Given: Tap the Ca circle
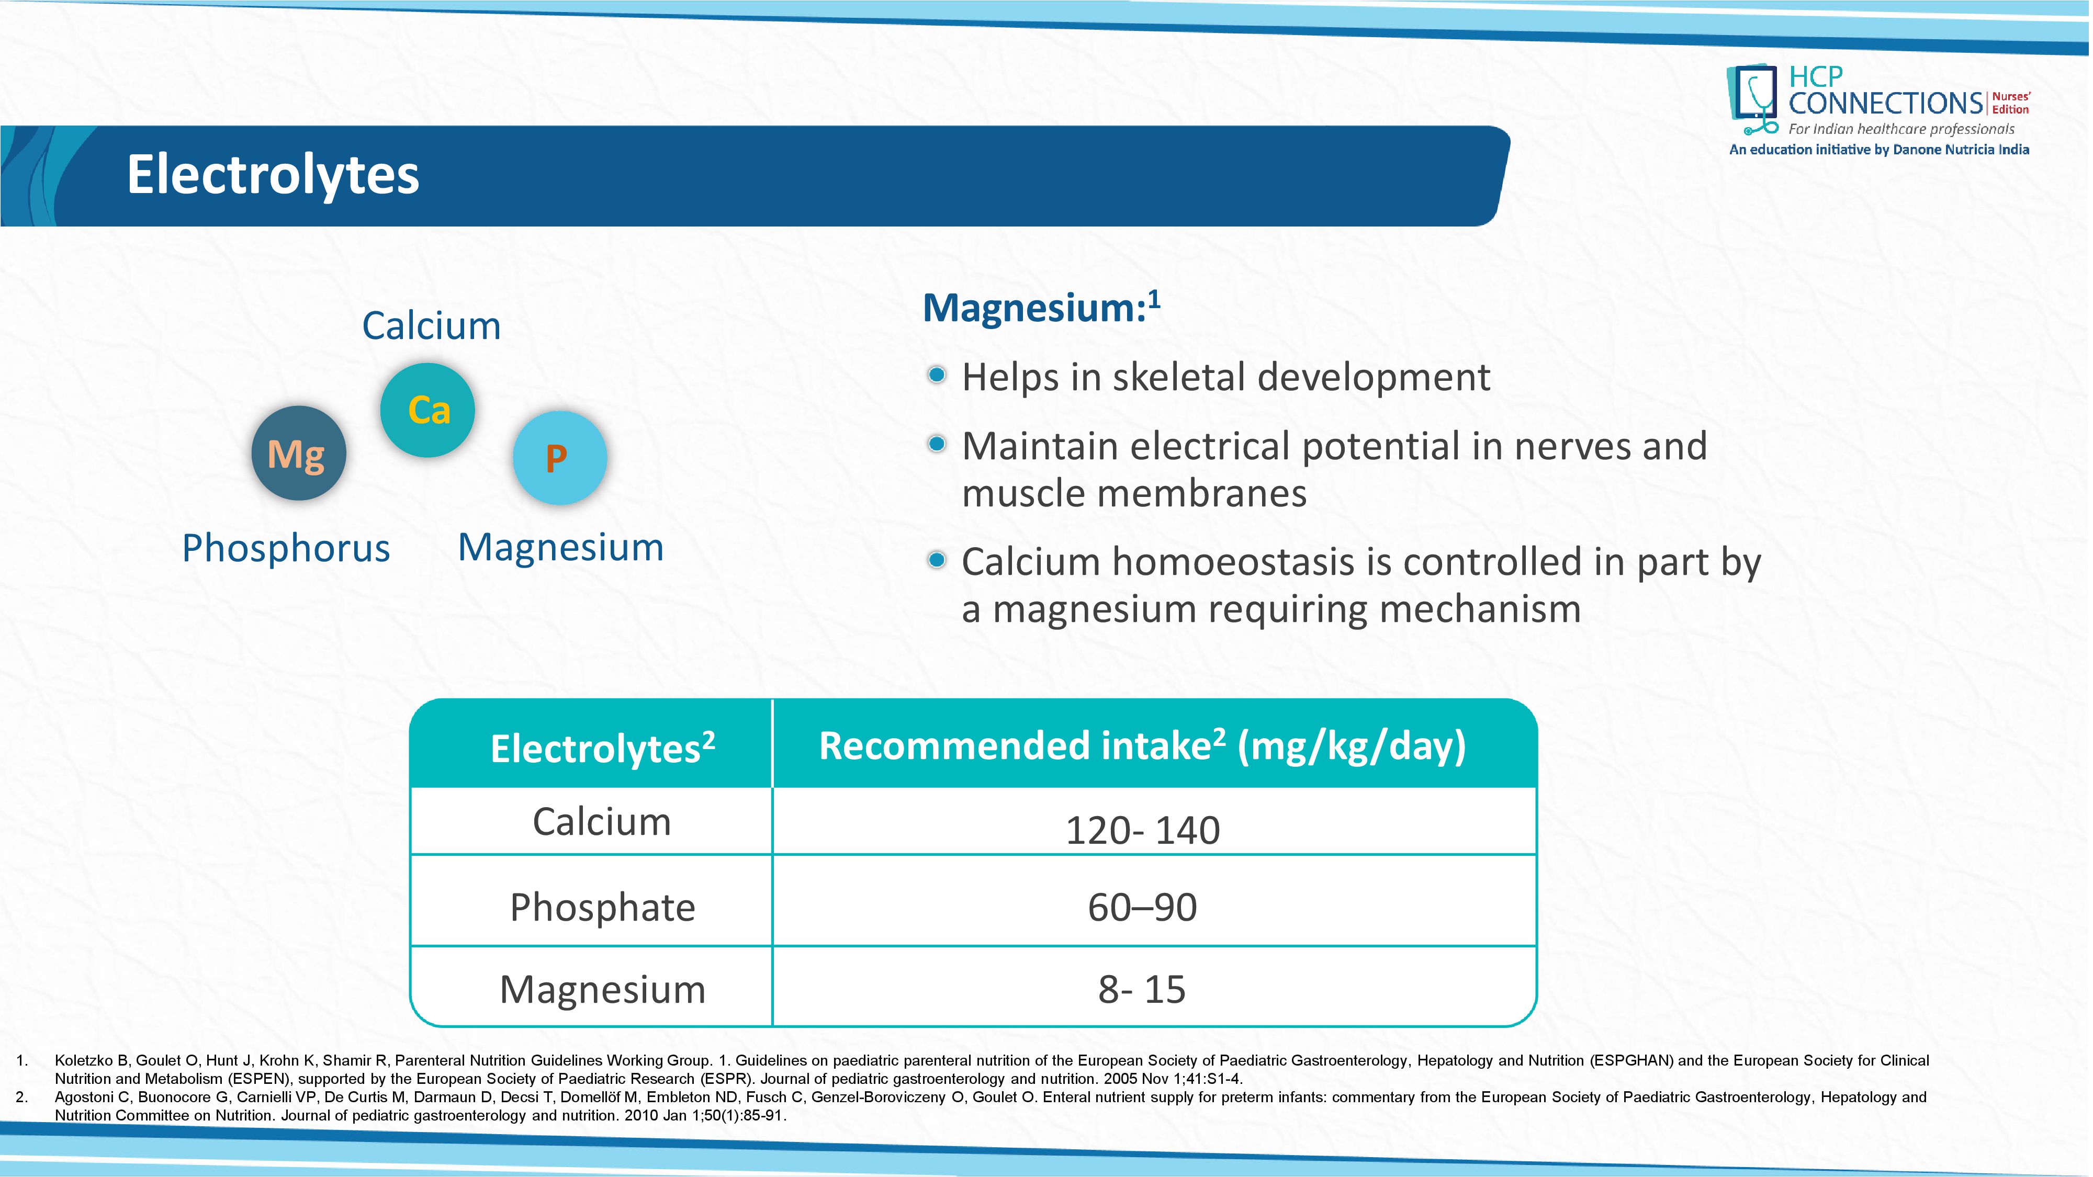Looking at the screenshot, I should [427, 410].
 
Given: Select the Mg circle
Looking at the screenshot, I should [298, 453].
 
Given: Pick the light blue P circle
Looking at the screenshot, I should [559, 457].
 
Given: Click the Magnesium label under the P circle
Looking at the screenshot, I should [560, 547].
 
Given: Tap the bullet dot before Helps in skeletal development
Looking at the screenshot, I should [936, 375].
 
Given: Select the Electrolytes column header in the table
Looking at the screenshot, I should [601, 748].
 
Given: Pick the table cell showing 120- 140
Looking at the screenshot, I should [1142, 829].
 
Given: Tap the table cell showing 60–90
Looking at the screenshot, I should [1142, 907].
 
